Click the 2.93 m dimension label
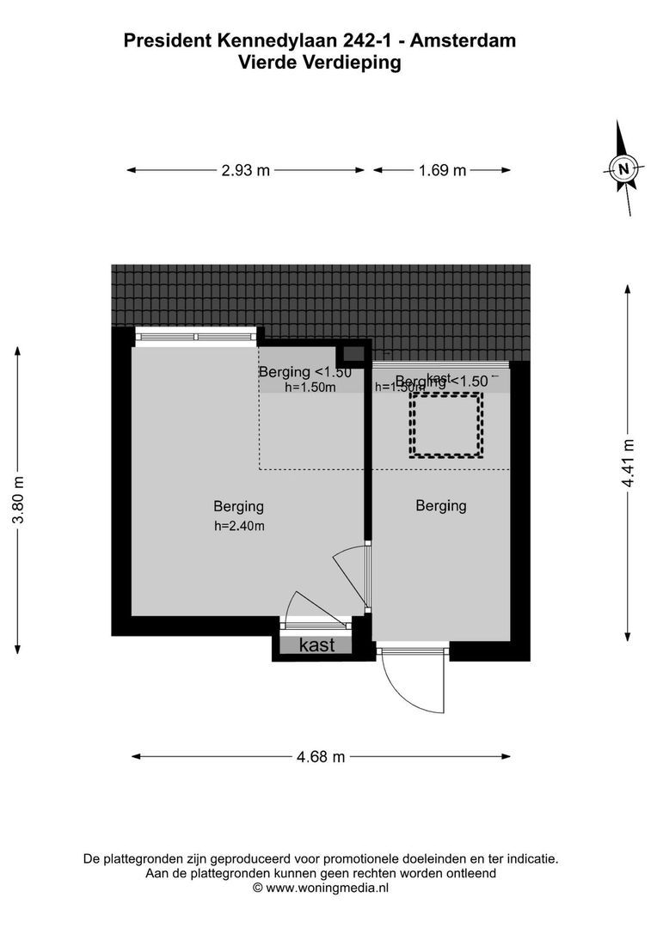[245, 170]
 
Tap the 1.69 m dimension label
[442, 170]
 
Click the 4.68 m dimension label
[320, 757]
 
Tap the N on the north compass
[625, 167]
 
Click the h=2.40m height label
[239, 526]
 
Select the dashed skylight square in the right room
[446, 424]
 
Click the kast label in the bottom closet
[317, 645]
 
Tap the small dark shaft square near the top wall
[353, 352]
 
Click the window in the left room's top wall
[197, 336]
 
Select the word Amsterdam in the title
[467, 40]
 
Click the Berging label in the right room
[440, 505]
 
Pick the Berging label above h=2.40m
[238, 506]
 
